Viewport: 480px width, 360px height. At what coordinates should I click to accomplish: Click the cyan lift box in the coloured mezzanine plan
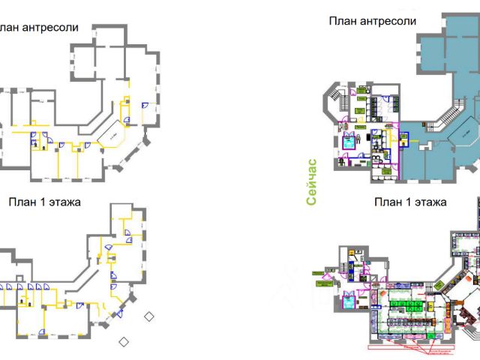click(x=349, y=141)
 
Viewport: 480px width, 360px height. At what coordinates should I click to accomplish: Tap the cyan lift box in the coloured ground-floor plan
click(x=349, y=302)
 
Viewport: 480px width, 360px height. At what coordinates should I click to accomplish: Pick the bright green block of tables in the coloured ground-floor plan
click(x=409, y=304)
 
